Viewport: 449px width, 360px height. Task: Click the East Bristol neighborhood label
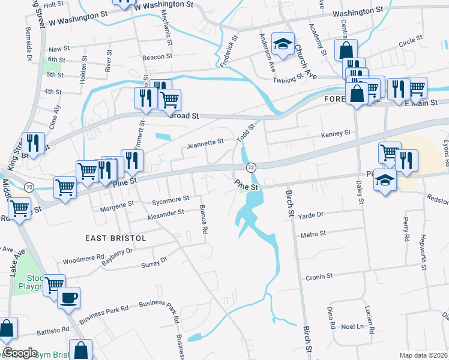(116, 238)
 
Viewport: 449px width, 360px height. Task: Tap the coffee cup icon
(69, 298)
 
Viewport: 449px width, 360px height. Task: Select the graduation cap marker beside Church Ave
(283, 44)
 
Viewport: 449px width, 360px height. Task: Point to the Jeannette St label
(205, 144)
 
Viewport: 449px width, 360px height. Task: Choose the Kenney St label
(335, 134)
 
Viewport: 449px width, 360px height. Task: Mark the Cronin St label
(319, 277)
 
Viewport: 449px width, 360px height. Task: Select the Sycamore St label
(170, 198)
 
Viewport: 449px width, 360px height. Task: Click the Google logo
(20, 353)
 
